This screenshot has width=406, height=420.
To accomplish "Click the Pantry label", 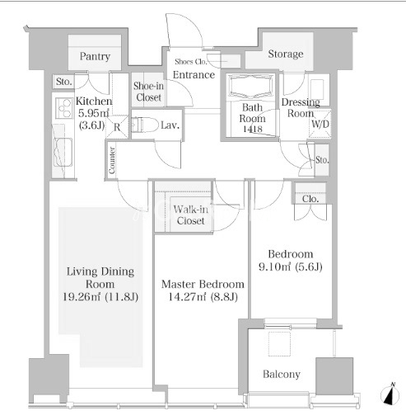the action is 95,56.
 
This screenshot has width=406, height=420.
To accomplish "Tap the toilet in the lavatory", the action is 145,125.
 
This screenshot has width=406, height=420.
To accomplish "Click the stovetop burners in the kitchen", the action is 64,108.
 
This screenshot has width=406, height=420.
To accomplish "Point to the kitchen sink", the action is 63,152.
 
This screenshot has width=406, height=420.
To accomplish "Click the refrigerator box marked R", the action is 117,127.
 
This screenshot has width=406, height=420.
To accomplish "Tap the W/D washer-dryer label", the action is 320,124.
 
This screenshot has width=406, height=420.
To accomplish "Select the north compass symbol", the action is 390,394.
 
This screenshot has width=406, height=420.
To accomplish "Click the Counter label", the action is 112,160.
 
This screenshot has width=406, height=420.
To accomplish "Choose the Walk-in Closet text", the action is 191,215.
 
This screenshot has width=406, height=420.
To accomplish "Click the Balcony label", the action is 282,375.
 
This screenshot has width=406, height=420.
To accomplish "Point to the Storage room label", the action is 286,54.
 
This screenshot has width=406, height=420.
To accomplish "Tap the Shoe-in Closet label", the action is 148,92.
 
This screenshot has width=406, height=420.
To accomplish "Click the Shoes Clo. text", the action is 190,62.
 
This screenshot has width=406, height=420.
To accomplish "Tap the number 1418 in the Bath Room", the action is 252,129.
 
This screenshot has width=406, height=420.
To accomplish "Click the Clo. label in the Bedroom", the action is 310,199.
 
